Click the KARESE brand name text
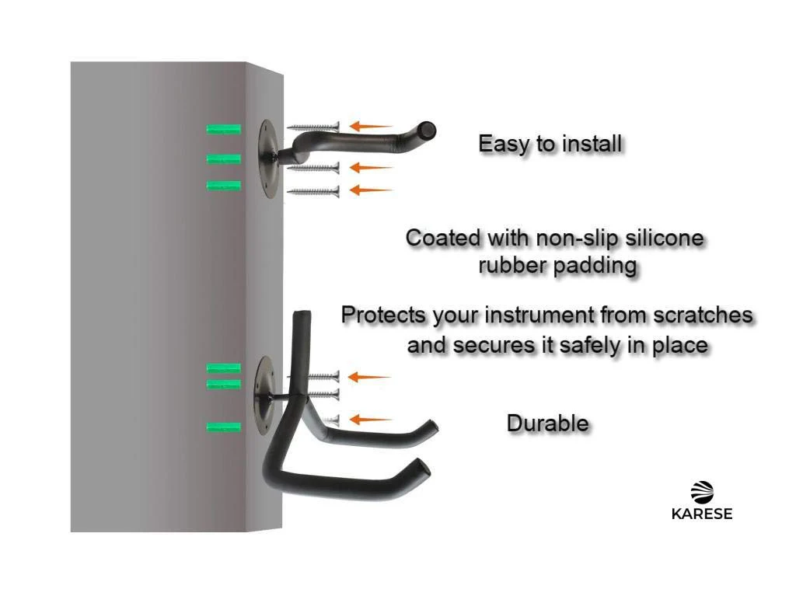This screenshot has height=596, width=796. (x=702, y=514)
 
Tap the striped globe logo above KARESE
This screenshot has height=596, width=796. (x=702, y=492)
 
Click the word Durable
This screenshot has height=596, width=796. (x=548, y=423)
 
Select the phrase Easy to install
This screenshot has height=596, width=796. (x=550, y=144)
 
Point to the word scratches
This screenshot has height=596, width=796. (x=703, y=315)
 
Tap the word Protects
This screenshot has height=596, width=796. (x=384, y=315)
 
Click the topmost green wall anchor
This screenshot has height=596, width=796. (x=224, y=129)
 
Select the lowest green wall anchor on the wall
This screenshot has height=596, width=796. (x=224, y=427)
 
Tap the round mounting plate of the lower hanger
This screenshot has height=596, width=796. (x=264, y=396)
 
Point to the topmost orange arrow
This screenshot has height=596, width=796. (x=371, y=126)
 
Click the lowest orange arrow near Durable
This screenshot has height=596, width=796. (x=371, y=420)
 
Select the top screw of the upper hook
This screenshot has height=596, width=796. (x=313, y=127)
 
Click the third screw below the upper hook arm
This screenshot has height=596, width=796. (x=313, y=191)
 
